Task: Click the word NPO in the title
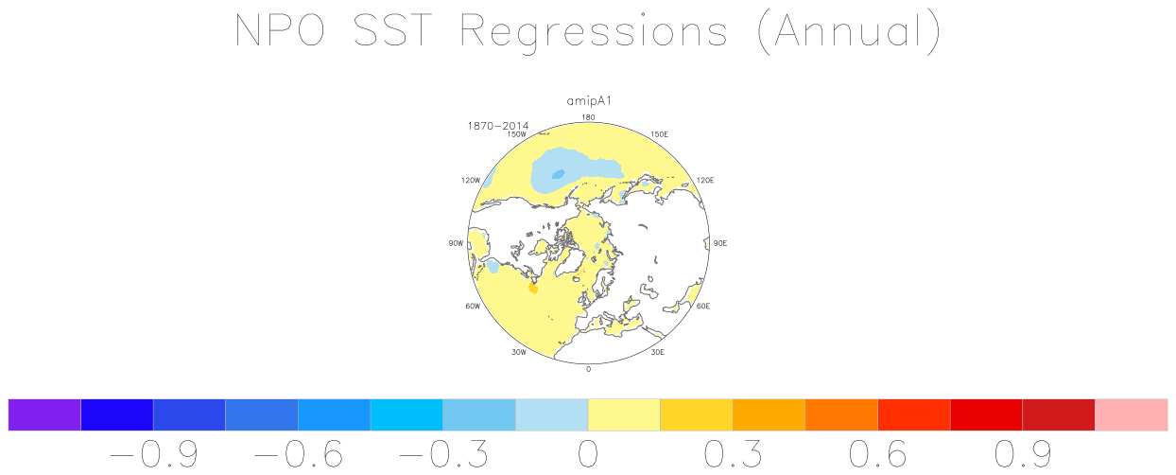click(x=280, y=30)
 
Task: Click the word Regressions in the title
click(x=594, y=33)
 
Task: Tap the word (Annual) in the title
click(x=850, y=33)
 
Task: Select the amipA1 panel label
click(x=589, y=101)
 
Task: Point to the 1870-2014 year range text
click(x=497, y=126)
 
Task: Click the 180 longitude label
click(x=588, y=117)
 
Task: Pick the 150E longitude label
click(x=660, y=134)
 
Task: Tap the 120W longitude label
click(x=471, y=180)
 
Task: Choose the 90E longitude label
click(x=720, y=243)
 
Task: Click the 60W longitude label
click(x=473, y=307)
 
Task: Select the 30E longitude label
click(x=657, y=352)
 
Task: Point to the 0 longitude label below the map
click(x=588, y=369)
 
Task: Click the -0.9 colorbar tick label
click(x=154, y=454)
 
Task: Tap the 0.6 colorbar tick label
click(x=878, y=454)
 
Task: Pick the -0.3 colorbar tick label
click(x=443, y=454)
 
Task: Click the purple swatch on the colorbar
click(x=44, y=414)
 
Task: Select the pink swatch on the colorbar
click(x=1132, y=414)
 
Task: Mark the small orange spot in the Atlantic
click(x=533, y=289)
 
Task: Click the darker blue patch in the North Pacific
click(x=558, y=174)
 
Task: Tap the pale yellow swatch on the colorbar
click(x=624, y=414)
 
